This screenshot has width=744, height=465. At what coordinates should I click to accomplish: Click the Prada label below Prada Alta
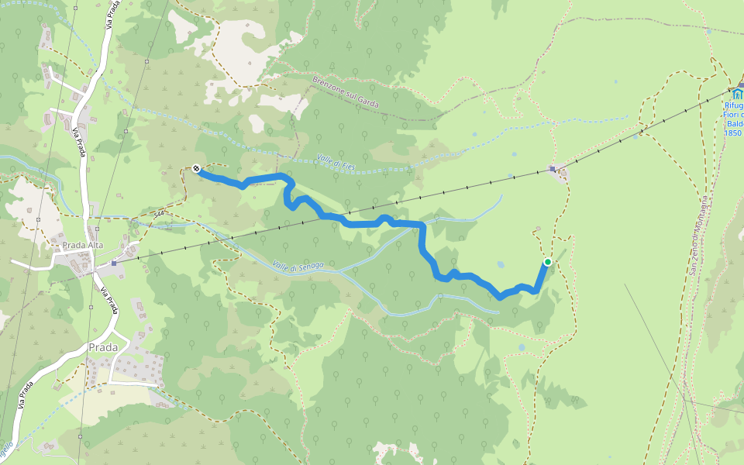pos(103,347)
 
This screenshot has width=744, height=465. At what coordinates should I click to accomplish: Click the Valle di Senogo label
pos(298,266)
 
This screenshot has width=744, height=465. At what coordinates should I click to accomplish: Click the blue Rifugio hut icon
pos(736,95)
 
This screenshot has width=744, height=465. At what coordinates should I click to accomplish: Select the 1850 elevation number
pos(733,133)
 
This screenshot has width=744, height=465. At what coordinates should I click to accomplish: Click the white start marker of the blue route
pos(197,168)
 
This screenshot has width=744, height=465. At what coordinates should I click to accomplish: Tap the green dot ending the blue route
pos(547,262)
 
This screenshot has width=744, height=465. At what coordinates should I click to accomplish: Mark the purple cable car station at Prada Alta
pos(113,263)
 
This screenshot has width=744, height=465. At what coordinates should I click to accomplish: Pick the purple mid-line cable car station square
pos(552,169)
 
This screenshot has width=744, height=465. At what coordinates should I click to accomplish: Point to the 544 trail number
pos(160,214)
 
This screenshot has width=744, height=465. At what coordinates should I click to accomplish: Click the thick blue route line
pos(422,240)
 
